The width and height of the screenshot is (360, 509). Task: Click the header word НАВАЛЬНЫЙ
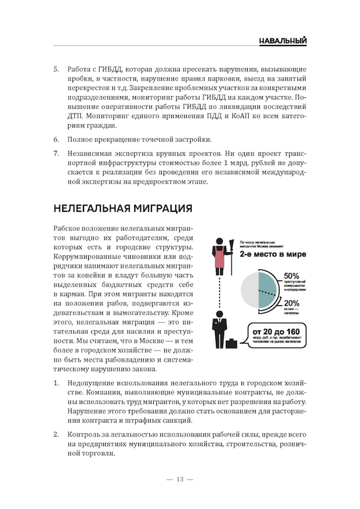click(282, 41)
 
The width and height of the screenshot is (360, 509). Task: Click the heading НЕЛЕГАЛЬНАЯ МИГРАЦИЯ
click(123, 208)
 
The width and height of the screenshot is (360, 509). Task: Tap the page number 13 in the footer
click(180, 480)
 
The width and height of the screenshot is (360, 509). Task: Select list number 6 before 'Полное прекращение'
click(56, 140)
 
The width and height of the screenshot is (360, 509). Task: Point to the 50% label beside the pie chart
click(291, 276)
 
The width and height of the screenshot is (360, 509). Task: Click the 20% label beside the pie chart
click(291, 303)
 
